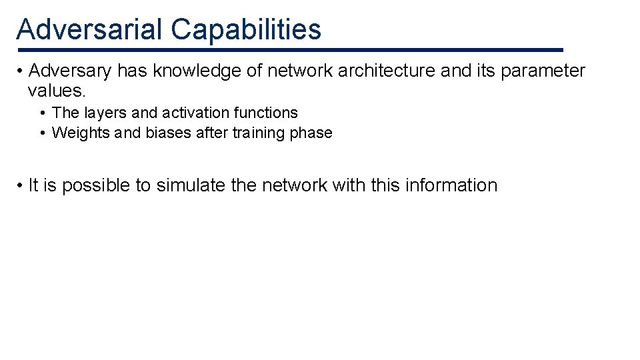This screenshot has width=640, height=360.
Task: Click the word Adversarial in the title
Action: click(89, 29)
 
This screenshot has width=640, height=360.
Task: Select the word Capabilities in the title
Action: click(246, 29)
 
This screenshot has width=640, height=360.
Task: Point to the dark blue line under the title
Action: click(290, 50)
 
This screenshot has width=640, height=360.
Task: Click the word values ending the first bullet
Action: click(57, 90)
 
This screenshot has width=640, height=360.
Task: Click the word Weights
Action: click(81, 133)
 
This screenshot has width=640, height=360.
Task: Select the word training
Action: click(259, 133)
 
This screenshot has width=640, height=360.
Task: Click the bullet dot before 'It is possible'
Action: click(22, 185)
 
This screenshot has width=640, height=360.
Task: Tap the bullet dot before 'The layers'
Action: click(43, 113)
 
